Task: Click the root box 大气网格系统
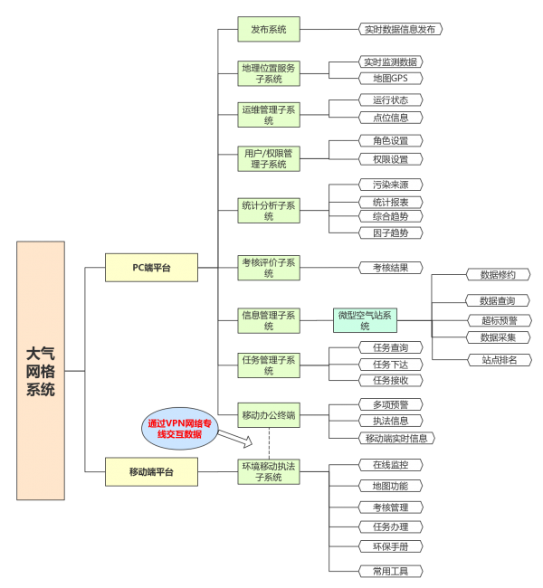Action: coord(41,370)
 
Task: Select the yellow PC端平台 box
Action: coord(151,267)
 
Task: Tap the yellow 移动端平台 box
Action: coord(151,471)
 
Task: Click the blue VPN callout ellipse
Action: coord(181,428)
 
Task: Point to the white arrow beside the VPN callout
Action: coord(236,439)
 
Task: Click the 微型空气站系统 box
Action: coord(365,320)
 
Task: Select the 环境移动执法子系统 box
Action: coord(268,471)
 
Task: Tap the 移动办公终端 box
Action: coord(268,415)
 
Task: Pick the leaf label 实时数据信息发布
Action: coord(400,30)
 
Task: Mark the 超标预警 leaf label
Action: coord(498,320)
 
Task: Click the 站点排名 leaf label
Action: coord(498,360)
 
